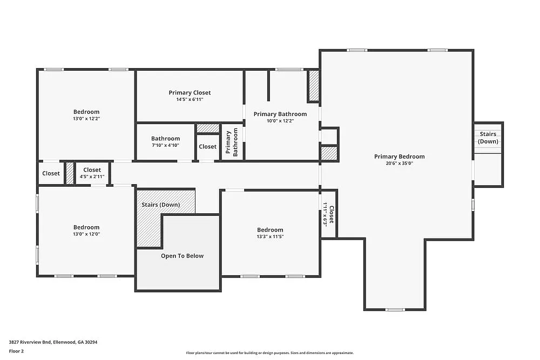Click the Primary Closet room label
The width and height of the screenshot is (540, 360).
[x=190, y=93]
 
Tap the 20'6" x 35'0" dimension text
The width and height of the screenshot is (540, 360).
[x=399, y=163]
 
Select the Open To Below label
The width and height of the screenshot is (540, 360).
[x=182, y=256]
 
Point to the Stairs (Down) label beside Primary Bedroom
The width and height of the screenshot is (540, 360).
[x=488, y=138]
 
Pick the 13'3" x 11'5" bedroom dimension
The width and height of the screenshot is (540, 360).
[x=270, y=236]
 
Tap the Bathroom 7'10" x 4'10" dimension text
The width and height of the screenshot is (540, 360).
[x=165, y=145]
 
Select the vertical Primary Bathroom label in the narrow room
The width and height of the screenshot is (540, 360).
[x=232, y=142]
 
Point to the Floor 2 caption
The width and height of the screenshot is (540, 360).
[x=16, y=351]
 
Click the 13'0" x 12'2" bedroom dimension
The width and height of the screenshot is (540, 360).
[x=86, y=118]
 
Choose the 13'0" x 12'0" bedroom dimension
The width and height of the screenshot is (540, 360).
[x=86, y=234]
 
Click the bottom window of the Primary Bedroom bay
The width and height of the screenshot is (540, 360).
[x=395, y=309]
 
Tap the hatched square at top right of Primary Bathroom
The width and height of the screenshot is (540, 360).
[x=314, y=85]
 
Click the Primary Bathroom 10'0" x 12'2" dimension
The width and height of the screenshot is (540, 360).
[x=280, y=120]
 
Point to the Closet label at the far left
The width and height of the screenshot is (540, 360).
[x=51, y=173]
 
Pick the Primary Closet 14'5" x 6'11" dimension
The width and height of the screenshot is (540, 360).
[x=190, y=99]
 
